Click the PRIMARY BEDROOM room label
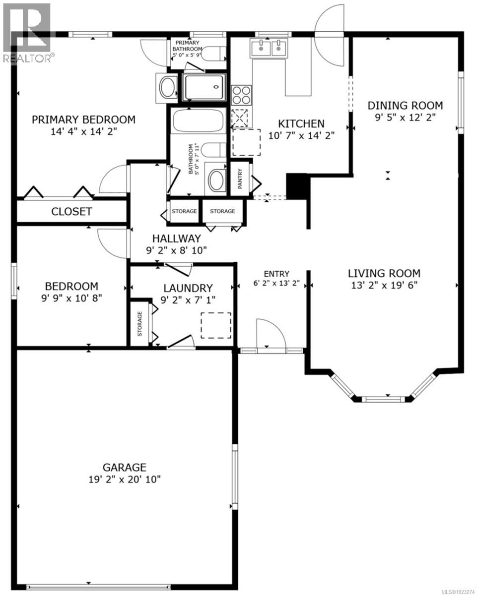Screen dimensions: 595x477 [x=83, y=119]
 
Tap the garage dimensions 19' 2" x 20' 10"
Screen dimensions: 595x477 [x=124, y=479]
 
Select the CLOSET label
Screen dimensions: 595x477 [x=71, y=212]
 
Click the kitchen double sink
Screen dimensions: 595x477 [x=270, y=49]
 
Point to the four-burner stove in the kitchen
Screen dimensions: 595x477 [x=241, y=94]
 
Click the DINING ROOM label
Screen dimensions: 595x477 [x=405, y=106]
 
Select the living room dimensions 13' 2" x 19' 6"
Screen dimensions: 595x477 [x=384, y=285]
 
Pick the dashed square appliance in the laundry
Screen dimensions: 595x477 [x=216, y=325]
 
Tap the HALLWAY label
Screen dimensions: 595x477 [x=176, y=238]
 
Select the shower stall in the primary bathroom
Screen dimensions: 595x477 [x=204, y=88]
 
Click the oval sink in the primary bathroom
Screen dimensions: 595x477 [x=167, y=88]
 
